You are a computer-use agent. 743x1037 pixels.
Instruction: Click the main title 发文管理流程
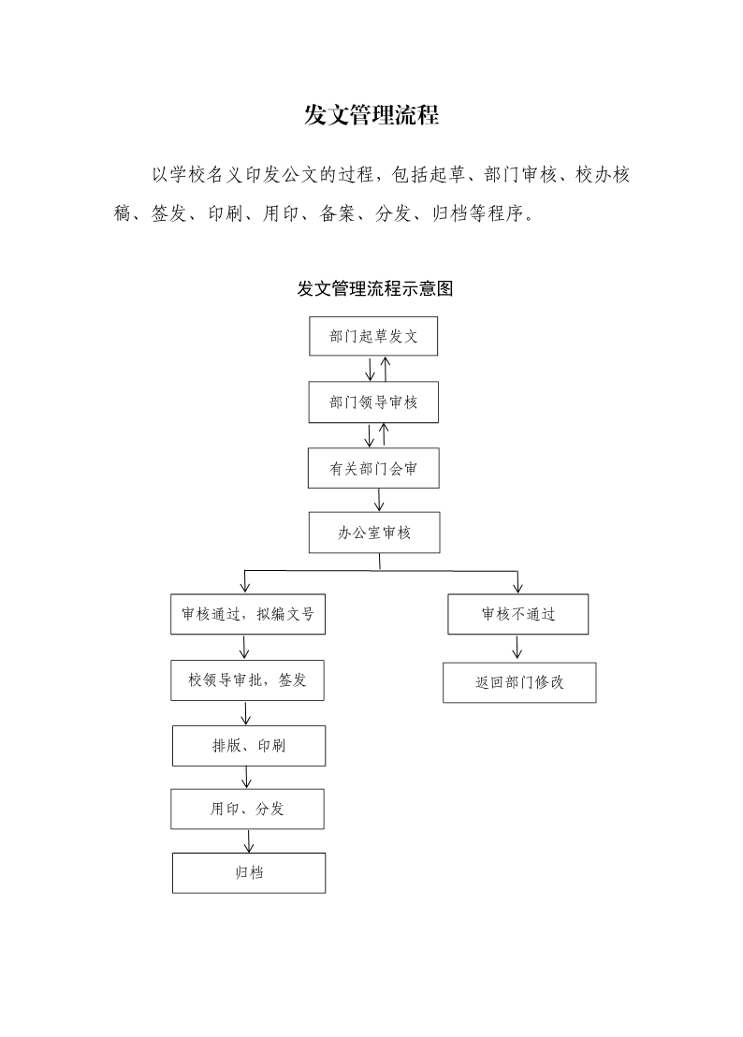[x=371, y=115]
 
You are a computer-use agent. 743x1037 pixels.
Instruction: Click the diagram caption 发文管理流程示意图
[x=375, y=288]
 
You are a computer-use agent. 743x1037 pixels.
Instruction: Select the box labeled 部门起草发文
[x=373, y=336]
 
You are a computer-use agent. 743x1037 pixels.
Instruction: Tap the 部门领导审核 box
[x=373, y=402]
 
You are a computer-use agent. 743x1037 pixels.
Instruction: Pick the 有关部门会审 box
[x=373, y=468]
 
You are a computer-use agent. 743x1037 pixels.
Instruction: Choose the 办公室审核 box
[x=374, y=533]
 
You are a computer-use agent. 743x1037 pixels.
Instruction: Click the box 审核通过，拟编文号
[x=248, y=614]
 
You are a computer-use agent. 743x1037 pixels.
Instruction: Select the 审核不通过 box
[x=518, y=614]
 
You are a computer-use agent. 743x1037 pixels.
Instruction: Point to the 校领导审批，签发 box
[x=247, y=679]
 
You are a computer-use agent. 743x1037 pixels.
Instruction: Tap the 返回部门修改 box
[x=519, y=682]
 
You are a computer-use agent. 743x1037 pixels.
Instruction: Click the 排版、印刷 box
[x=249, y=746]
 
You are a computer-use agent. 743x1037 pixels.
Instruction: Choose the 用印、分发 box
[x=247, y=809]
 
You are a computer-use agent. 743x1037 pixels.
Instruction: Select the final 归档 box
[x=249, y=873]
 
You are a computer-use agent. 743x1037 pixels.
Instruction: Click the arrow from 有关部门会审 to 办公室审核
[x=379, y=500]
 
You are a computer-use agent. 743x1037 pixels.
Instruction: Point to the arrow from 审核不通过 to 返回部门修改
[x=517, y=647]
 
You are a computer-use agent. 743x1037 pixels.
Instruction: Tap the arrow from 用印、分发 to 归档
[x=249, y=840]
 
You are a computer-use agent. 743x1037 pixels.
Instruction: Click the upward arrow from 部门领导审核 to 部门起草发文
[x=386, y=369]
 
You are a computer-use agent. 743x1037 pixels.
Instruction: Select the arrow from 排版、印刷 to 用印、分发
[x=246, y=777]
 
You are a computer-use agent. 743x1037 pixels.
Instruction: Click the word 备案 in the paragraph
[x=337, y=213]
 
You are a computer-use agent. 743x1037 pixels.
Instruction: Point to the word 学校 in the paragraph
[x=188, y=175]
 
